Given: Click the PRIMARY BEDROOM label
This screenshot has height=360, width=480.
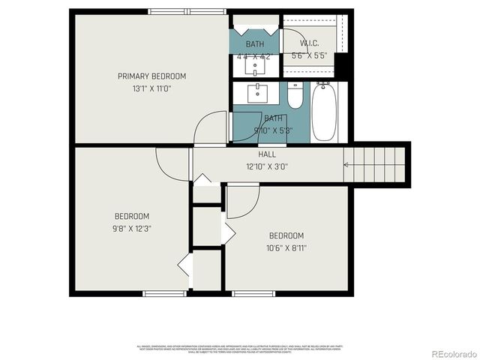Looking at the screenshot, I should (x=151, y=76).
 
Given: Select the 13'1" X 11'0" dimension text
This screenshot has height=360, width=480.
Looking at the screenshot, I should (x=151, y=88).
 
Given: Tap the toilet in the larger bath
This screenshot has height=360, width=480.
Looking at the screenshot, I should (x=295, y=96).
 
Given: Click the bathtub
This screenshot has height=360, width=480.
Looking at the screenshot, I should (x=323, y=112).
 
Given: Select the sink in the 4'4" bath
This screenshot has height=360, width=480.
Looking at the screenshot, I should (x=256, y=66).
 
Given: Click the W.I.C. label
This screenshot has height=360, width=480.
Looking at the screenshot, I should (x=308, y=43).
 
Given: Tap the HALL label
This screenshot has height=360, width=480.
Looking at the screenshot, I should (x=267, y=154).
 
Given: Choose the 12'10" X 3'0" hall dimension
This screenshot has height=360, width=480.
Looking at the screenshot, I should (x=267, y=166).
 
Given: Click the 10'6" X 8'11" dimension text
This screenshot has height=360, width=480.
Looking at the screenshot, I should (x=286, y=247).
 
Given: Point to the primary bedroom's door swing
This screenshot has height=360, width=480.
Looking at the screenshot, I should (x=210, y=127).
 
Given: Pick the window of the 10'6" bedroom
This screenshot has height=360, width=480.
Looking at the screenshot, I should (x=253, y=292).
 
